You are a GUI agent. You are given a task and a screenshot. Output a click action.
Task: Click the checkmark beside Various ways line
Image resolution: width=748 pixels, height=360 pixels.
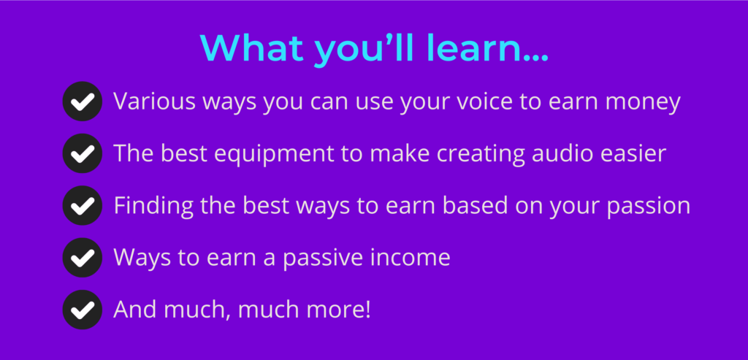click(82, 101)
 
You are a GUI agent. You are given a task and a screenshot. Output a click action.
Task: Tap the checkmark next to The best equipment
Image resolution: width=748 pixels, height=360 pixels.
click(82, 153)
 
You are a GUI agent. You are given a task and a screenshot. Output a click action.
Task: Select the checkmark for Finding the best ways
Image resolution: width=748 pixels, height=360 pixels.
click(82, 205)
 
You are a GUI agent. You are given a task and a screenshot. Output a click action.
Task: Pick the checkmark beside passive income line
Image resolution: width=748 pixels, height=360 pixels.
click(82, 258)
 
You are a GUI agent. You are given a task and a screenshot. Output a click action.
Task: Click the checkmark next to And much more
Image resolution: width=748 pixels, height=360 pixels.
click(82, 310)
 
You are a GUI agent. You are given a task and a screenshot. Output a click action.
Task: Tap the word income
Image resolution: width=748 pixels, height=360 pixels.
click(408, 258)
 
